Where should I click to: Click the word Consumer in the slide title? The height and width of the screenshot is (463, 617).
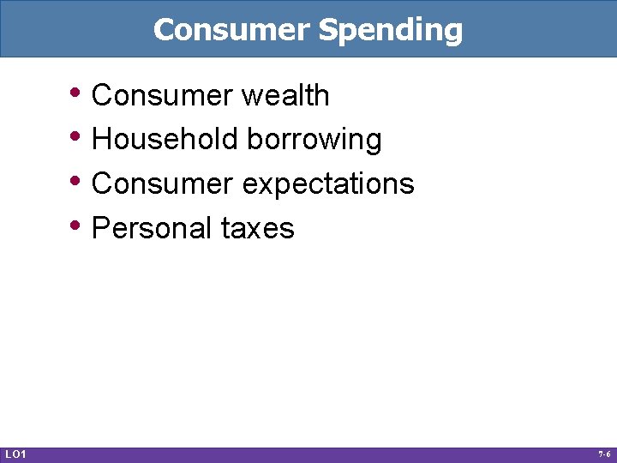coord(231,30)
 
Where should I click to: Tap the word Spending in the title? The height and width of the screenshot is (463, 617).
coord(390,30)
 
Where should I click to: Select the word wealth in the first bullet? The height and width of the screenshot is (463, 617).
coord(285,95)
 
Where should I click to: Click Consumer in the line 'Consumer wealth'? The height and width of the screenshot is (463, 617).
coord(162,95)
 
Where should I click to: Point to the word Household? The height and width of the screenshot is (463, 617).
coord(165,140)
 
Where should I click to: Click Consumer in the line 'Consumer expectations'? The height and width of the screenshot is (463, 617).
coord(162,183)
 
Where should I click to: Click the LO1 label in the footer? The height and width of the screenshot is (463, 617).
coord(15,454)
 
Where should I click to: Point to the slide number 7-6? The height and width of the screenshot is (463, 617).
coord(603,454)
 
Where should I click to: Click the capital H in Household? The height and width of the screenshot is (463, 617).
coord(100,139)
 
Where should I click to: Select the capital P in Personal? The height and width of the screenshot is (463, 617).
coord(100,228)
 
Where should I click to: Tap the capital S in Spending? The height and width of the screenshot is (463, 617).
coord(327,30)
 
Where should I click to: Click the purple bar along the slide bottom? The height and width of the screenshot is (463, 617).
coord(308,454)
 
